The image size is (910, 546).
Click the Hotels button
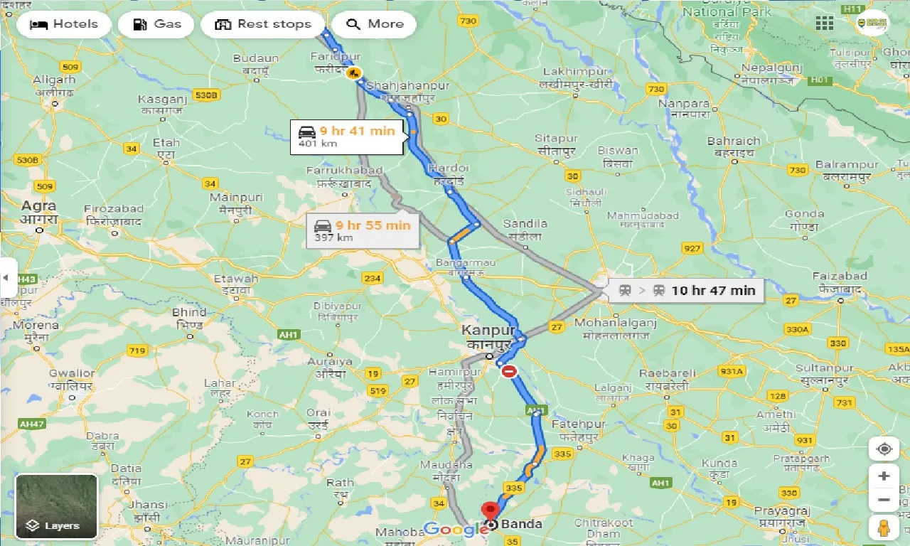(x=63, y=24)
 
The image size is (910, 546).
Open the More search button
(x=375, y=24)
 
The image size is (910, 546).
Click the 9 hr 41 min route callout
(x=347, y=136)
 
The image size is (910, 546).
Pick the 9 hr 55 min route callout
(x=363, y=230)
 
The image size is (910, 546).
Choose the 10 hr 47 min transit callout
(x=686, y=290)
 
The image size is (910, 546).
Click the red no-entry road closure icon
(x=509, y=371)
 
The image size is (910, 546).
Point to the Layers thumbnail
(x=56, y=506)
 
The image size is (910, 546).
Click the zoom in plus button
(x=884, y=476)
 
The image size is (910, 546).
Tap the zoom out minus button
(x=884, y=500)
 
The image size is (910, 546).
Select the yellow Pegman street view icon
(x=884, y=528)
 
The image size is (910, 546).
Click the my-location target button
(x=884, y=449)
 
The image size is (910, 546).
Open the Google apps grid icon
(x=824, y=23)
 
